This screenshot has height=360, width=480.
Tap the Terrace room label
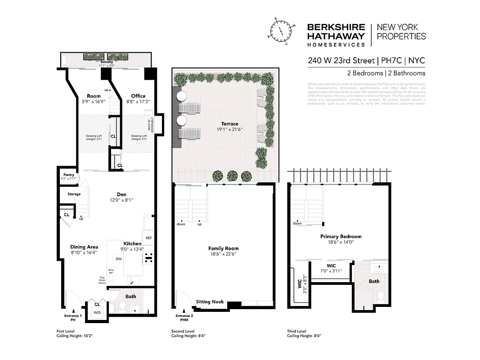[229, 124]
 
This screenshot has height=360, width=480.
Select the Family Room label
[223, 248]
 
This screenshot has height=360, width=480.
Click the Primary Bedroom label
[341, 236]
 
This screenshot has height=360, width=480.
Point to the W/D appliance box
[97, 312]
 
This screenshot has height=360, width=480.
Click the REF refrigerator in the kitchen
[148, 238]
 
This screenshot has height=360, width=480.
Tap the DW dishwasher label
[119, 259]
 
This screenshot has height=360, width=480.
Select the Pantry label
[68, 175]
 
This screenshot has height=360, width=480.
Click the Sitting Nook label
[210, 302]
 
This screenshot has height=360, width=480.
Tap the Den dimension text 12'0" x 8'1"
[121, 200]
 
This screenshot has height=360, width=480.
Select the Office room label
[138, 96]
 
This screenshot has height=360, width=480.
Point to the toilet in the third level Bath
[381, 296]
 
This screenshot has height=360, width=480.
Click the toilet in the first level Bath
[122, 306]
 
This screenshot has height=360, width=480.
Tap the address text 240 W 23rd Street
[341, 60]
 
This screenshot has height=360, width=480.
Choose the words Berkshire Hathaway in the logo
[336, 31]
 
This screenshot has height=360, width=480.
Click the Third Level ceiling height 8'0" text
[304, 336]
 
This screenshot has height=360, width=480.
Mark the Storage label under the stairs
[74, 194]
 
